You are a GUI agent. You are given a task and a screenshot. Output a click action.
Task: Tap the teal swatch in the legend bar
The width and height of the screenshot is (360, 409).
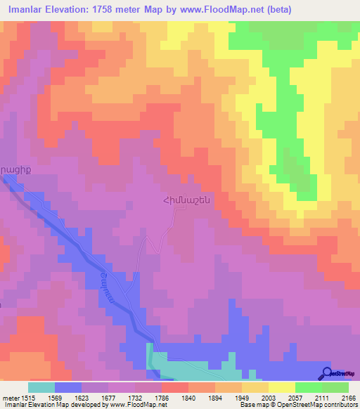click(x=41, y=387)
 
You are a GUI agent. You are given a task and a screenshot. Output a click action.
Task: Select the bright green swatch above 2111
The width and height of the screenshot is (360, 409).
click(x=308, y=387)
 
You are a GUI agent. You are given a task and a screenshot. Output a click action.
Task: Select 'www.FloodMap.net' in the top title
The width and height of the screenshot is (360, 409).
click(x=210, y=10)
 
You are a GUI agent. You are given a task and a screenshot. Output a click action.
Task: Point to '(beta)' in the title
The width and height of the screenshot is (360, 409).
click(x=276, y=10)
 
